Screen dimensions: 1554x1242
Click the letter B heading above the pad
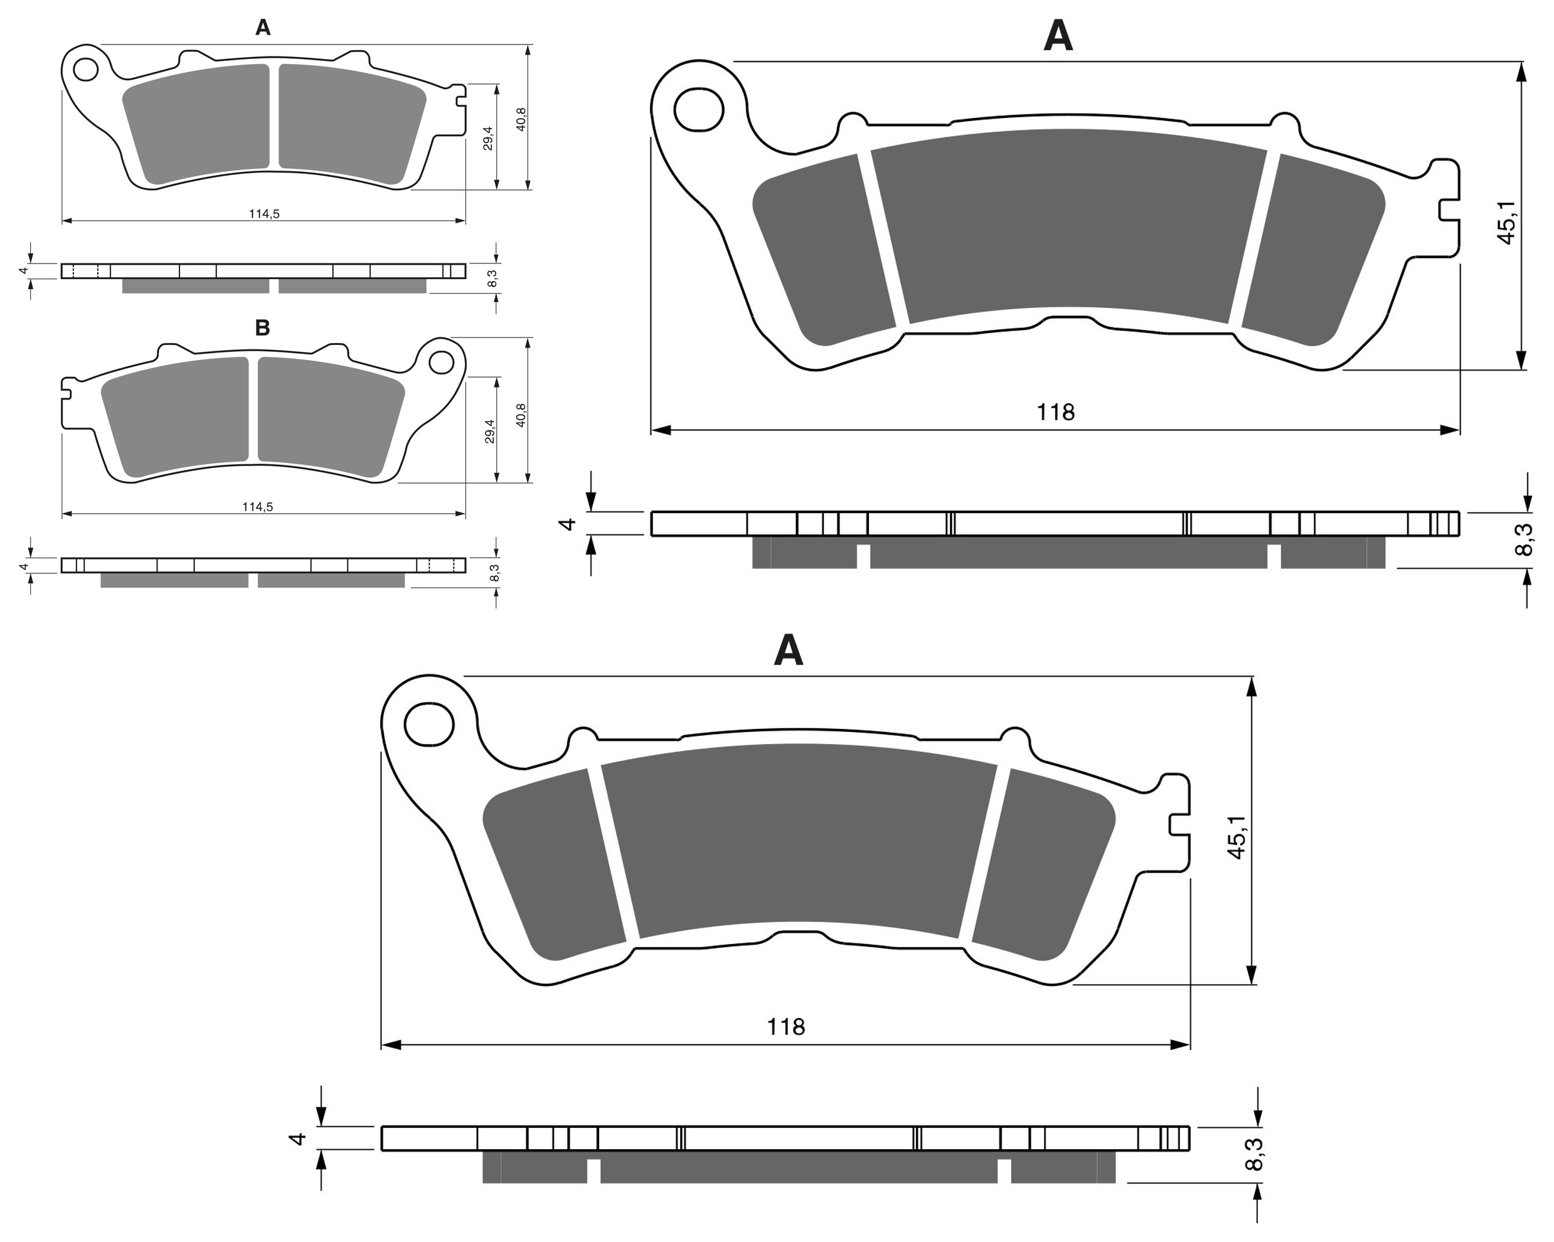click(x=262, y=328)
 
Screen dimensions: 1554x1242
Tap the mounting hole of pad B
click(x=441, y=363)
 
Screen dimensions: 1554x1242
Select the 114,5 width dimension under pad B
click(x=257, y=507)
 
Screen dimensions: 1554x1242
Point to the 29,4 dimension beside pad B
click(x=490, y=431)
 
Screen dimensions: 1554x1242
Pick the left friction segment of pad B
click(x=174, y=417)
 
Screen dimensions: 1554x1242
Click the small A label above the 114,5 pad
click(x=263, y=28)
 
